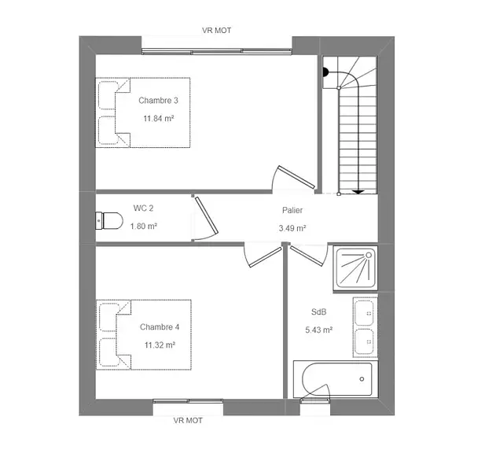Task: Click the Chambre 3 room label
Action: click(x=158, y=101)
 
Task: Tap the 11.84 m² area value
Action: click(x=159, y=119)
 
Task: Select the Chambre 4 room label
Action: click(x=160, y=326)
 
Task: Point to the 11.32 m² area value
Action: click(x=160, y=345)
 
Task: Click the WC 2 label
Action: click(x=143, y=208)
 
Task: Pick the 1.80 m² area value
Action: click(x=144, y=226)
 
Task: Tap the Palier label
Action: click(x=292, y=210)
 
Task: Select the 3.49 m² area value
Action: click(x=292, y=228)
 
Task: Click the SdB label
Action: click(x=318, y=312)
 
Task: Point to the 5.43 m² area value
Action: click(x=318, y=330)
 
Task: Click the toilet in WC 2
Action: click(x=109, y=220)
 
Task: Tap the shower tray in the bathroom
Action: click(x=355, y=268)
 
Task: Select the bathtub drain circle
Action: click(x=362, y=379)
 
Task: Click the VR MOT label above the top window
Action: click(x=217, y=31)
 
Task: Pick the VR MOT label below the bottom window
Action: click(x=188, y=420)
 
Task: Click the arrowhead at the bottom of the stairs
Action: click(x=358, y=192)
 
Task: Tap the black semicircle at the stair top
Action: click(x=325, y=72)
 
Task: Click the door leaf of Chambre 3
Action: click(x=296, y=177)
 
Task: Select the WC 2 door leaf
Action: click(x=207, y=216)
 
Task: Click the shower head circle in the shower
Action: click(x=369, y=255)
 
